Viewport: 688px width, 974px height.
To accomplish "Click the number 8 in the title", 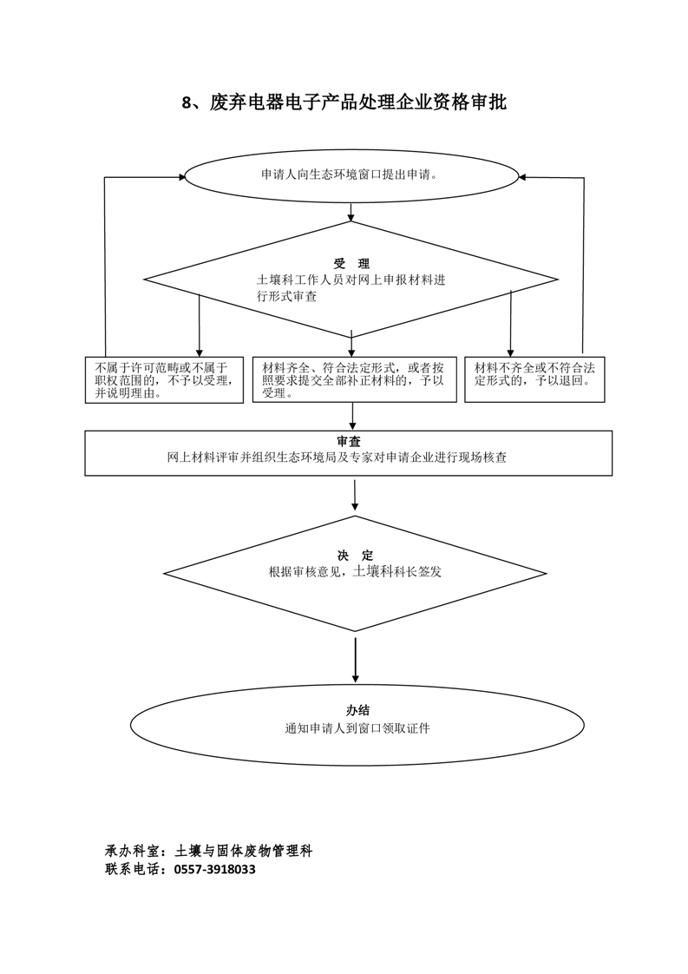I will pyautogui.click(x=187, y=103).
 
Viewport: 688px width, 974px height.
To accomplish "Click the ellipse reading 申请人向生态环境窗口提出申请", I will pyautogui.click(x=351, y=175).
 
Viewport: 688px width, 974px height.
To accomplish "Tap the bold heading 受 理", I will pyautogui.click(x=351, y=264).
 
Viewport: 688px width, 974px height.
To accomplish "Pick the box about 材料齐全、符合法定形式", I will pyautogui.click(x=354, y=380).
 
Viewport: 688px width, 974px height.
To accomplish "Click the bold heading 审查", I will pyautogui.click(x=350, y=441).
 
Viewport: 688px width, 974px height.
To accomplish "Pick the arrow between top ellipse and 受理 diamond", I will pyautogui.click(x=351, y=213).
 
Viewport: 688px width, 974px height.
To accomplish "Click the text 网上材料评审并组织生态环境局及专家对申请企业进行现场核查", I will pyautogui.click(x=350, y=457).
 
